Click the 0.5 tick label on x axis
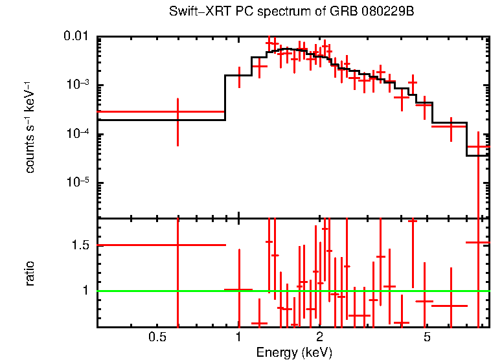click(155, 337)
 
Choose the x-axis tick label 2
click(320, 337)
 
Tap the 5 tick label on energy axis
click(427, 337)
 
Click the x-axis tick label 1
click(239, 337)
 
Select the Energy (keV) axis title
click(294, 352)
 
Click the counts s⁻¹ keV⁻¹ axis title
click(30, 127)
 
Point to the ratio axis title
click(30, 273)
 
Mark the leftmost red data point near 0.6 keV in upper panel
click(177, 112)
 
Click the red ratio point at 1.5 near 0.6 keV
click(177, 245)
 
